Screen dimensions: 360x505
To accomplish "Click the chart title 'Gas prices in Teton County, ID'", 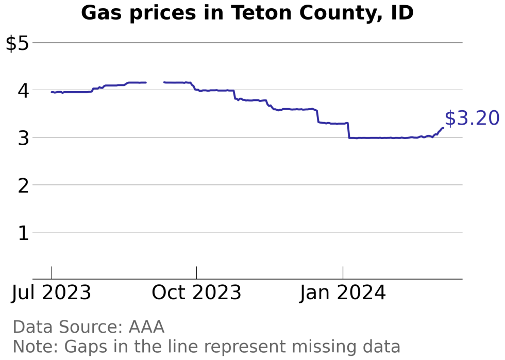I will pyautogui.click(x=247, y=13).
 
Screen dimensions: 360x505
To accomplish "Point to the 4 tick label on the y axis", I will pyautogui.click(x=23, y=91).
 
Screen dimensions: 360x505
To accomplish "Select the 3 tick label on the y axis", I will pyautogui.click(x=23, y=138).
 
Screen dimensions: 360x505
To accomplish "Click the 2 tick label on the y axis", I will pyautogui.click(x=23, y=185).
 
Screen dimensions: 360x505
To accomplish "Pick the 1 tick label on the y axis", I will pyautogui.click(x=23, y=233).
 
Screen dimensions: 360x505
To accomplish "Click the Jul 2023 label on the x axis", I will pyautogui.click(x=52, y=293).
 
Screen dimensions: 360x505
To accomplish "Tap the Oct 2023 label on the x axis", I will pyautogui.click(x=196, y=293).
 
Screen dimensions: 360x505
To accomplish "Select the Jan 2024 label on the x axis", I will pyautogui.click(x=343, y=293).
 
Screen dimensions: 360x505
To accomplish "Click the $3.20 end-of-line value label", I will pyautogui.click(x=472, y=118).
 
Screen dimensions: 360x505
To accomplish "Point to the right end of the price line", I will pyautogui.click(x=443, y=128).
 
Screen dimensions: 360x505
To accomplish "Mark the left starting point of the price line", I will pyautogui.click(x=52, y=92).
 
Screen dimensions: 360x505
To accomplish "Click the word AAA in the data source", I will pyautogui.click(x=146, y=327).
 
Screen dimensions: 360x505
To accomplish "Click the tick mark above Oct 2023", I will pyautogui.click(x=196, y=273).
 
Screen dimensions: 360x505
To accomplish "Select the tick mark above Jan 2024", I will pyautogui.click(x=343, y=273).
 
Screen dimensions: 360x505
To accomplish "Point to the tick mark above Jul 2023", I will pyautogui.click(x=52, y=273).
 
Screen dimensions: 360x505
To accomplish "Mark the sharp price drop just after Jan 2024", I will pyautogui.click(x=348, y=130).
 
